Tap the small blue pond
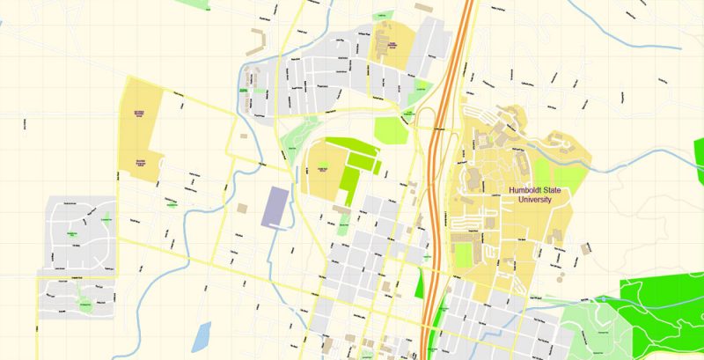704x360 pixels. pyautogui.click(x=202, y=335)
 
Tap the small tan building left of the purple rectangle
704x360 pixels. pyautogui.click(x=241, y=208)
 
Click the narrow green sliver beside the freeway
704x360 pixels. pyautogui.click(x=419, y=283)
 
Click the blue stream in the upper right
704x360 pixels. pyautogui.click(x=616, y=26)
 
